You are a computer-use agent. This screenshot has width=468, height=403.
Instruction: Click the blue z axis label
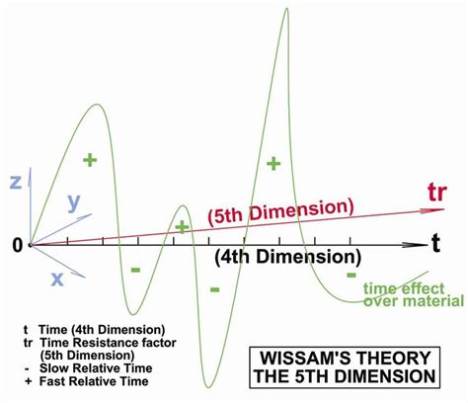(x=16, y=182)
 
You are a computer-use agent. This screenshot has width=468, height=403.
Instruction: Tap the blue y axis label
(x=74, y=202)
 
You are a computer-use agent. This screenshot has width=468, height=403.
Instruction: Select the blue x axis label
(x=57, y=280)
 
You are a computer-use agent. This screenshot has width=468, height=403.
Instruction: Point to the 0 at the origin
(x=18, y=245)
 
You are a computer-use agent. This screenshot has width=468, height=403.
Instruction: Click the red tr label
(x=437, y=193)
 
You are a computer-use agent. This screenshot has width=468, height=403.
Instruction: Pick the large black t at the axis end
(x=436, y=244)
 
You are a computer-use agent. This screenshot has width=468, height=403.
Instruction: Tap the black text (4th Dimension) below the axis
(x=288, y=257)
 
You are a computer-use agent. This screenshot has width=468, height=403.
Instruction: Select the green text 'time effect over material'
(x=414, y=295)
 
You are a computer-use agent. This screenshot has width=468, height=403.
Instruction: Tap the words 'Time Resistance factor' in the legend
(x=109, y=343)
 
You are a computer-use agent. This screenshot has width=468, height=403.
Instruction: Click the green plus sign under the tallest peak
(x=273, y=164)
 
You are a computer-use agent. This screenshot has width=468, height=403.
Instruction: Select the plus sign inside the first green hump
(x=90, y=160)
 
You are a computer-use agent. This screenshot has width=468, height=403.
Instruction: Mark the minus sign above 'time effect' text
(x=351, y=275)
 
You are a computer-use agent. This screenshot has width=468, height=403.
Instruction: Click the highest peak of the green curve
(x=287, y=8)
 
